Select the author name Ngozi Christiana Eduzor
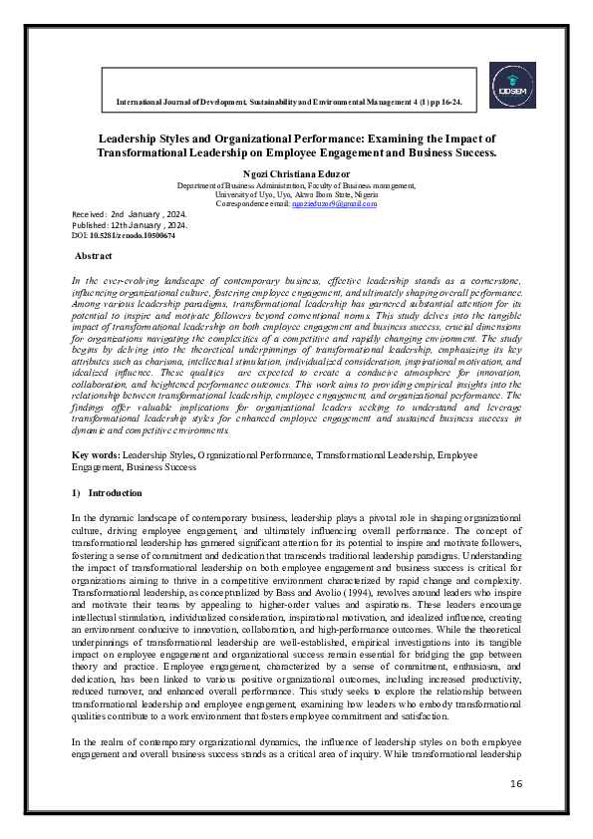296,173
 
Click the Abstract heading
94,256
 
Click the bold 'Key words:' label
96,454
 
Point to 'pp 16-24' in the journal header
455,103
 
